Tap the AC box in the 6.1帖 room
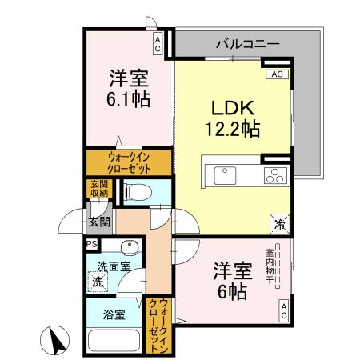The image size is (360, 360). [x=159, y=42]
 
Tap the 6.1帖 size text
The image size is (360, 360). [x=130, y=99]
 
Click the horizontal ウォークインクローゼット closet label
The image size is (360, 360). [x=128, y=163]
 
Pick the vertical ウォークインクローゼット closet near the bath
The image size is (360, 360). [x=153, y=324]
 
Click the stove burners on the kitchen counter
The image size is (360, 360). [x=276, y=174]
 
